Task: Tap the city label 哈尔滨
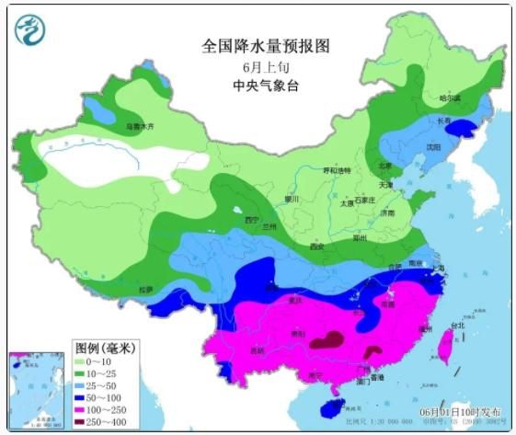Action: point(450,97)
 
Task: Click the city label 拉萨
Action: point(145,290)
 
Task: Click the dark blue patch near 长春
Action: point(465,130)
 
